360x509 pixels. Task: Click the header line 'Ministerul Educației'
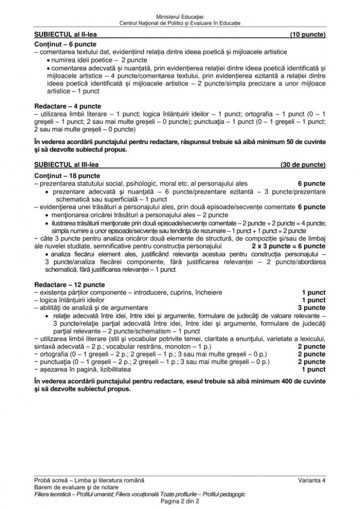point(180,16)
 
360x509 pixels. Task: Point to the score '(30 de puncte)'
point(303,165)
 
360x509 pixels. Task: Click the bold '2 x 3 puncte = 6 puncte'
point(288,246)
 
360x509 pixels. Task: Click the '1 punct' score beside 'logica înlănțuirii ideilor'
point(314,300)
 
